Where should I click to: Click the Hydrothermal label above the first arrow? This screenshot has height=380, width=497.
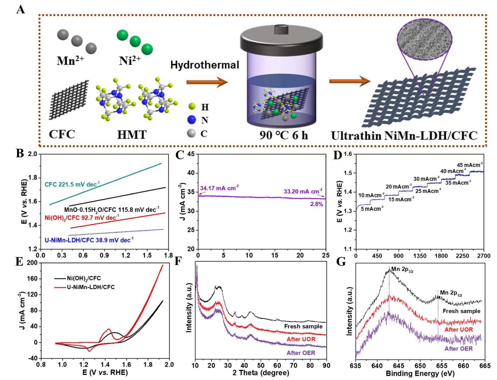click(204, 65)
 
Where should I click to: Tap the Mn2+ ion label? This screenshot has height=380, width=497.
click(70, 61)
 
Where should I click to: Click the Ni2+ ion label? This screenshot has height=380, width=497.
click(130, 61)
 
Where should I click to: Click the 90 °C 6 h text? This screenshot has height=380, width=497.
click(283, 135)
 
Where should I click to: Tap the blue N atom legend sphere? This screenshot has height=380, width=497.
click(192, 120)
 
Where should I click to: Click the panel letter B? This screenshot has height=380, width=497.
click(20, 153)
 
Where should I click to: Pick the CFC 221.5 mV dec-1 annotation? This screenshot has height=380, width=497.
click(72, 184)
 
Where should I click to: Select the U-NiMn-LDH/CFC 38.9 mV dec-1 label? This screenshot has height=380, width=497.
click(89, 240)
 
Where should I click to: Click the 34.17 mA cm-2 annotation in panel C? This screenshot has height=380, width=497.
click(219, 188)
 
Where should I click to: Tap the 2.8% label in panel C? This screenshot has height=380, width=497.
click(316, 204)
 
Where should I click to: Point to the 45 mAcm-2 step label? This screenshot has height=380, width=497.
click(469, 165)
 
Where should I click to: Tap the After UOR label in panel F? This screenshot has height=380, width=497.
click(301, 339)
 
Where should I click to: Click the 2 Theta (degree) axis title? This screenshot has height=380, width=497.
click(261, 373)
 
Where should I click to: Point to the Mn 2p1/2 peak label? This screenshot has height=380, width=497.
click(451, 293)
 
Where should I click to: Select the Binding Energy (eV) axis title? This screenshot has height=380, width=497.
click(420, 374)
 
